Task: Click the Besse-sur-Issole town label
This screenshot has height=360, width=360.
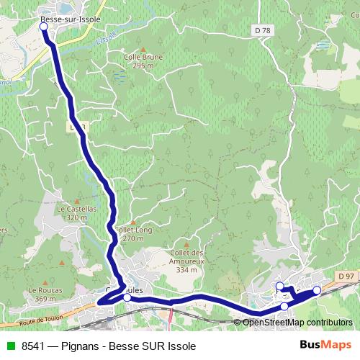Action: [x=71, y=18]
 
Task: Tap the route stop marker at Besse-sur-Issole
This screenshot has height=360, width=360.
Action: [x=43, y=27]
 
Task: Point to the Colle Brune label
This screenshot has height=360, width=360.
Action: [x=144, y=57]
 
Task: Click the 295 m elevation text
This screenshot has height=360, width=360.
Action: [x=144, y=66]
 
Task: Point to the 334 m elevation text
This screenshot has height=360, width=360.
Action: [x=186, y=270]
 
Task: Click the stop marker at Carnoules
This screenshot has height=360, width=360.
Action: [x=127, y=297]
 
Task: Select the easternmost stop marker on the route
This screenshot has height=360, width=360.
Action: [x=316, y=290]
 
